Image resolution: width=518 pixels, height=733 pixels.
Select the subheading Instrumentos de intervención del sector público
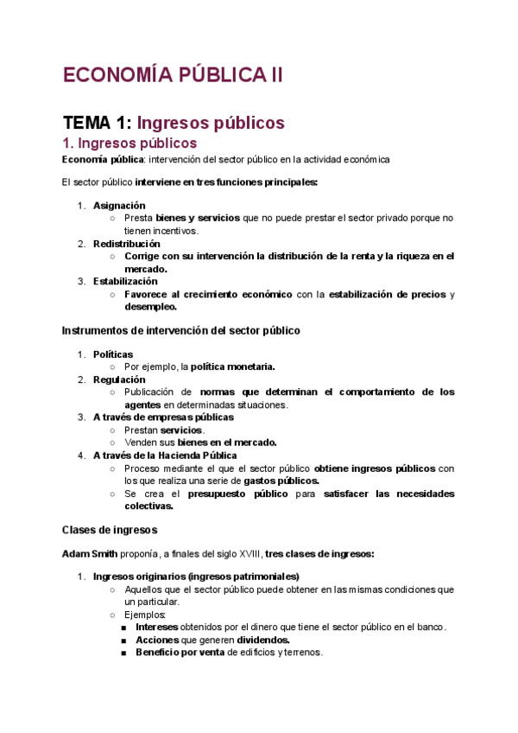click(x=180, y=330)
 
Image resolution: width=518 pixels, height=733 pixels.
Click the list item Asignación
click(x=119, y=206)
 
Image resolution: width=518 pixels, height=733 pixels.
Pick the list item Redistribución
click(x=127, y=244)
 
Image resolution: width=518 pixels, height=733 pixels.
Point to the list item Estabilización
click(x=125, y=282)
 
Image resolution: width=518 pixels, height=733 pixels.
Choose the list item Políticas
click(x=113, y=354)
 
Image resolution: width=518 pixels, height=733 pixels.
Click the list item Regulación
click(x=119, y=379)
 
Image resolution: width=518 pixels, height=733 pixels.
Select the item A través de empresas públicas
click(x=163, y=417)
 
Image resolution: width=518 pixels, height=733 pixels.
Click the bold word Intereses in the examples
click(x=160, y=628)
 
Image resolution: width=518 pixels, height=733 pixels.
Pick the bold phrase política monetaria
click(x=233, y=366)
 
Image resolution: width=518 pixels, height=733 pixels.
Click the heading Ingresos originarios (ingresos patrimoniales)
click(x=196, y=577)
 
